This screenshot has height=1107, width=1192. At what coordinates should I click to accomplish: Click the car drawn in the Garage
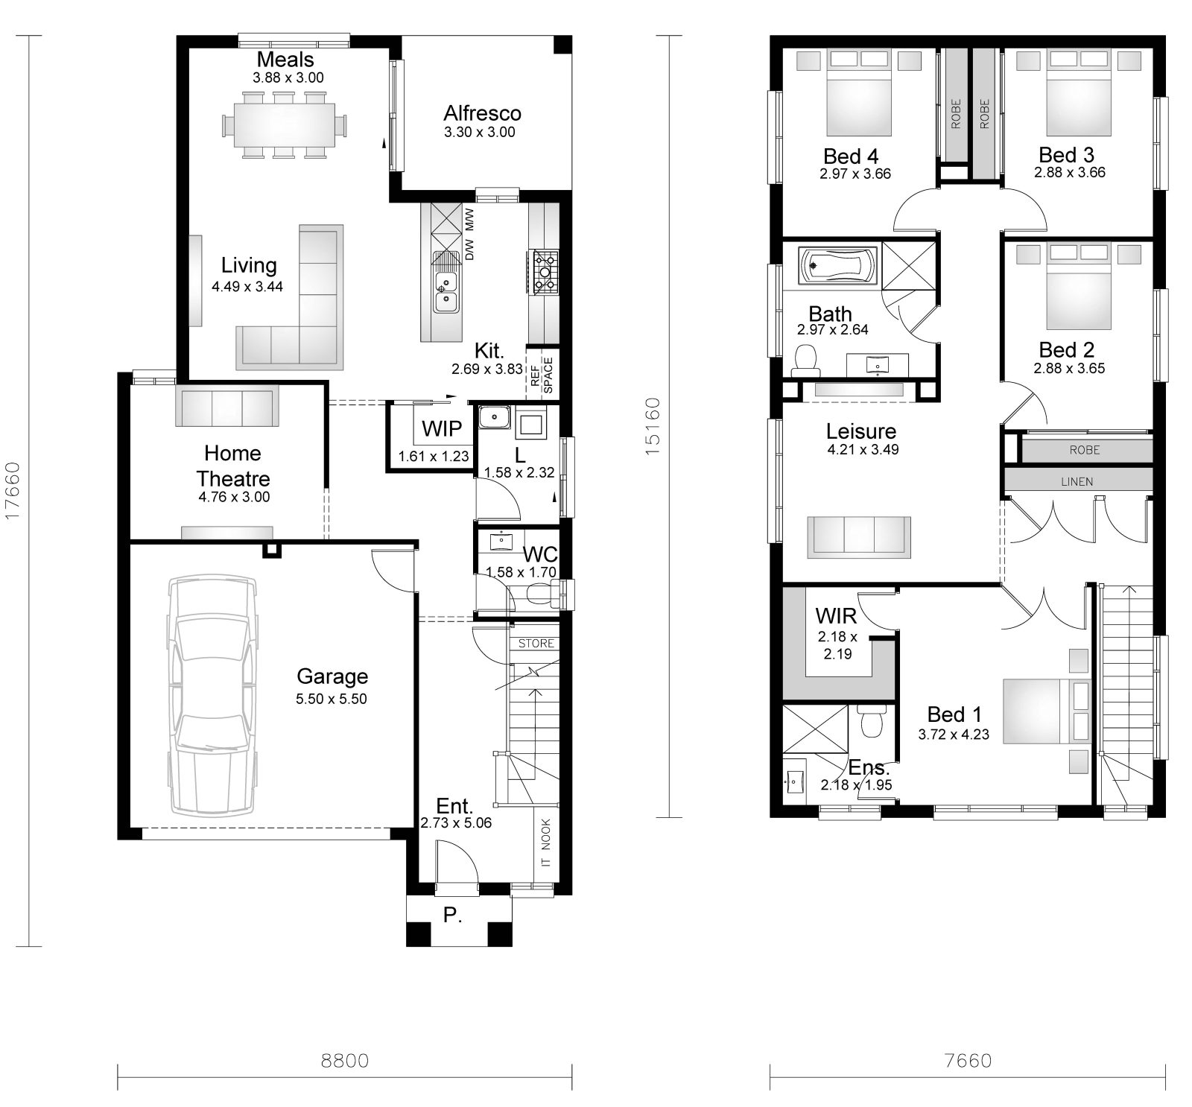pos(214,695)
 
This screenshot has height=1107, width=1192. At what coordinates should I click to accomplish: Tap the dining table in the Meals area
pos(285,125)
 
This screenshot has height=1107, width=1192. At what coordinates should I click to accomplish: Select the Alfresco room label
pos(482,113)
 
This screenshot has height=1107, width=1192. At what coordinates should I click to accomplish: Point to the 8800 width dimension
pos(345,1060)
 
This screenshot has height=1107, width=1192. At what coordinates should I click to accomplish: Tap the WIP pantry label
pos(442,429)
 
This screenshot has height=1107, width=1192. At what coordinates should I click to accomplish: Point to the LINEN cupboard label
pos(1077,481)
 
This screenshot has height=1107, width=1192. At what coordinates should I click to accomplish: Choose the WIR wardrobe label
pos(836,616)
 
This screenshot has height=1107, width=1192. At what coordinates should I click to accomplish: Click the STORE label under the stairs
pos(536,643)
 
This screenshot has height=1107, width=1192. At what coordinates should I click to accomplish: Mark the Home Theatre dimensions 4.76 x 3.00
pos(234,498)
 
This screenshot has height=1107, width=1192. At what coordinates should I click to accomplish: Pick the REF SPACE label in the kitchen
pos(542,375)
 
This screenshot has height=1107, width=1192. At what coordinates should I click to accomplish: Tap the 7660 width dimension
pos(967,1060)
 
